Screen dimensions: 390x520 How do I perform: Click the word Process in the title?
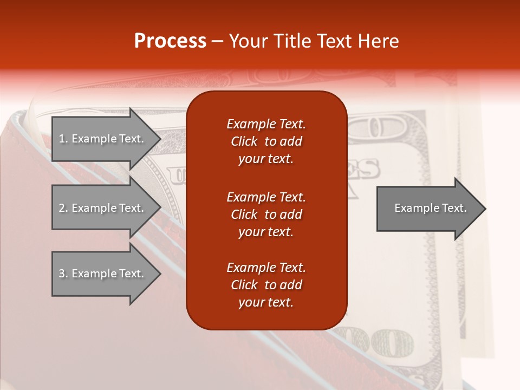point(170,41)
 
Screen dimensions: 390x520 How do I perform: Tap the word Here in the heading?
point(378,41)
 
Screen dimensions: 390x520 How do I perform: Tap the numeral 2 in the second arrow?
point(62,208)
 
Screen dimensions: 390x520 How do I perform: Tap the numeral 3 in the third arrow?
point(62,274)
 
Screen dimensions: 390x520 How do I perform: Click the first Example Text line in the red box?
point(266,124)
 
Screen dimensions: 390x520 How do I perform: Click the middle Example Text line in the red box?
point(266,197)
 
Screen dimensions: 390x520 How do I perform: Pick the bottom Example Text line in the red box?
point(266,268)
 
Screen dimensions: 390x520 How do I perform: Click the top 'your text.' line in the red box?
point(266,159)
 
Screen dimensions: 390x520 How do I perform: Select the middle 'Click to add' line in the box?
point(266,214)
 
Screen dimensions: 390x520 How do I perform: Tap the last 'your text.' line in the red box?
point(266,303)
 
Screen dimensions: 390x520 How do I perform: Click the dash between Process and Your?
point(218,42)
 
